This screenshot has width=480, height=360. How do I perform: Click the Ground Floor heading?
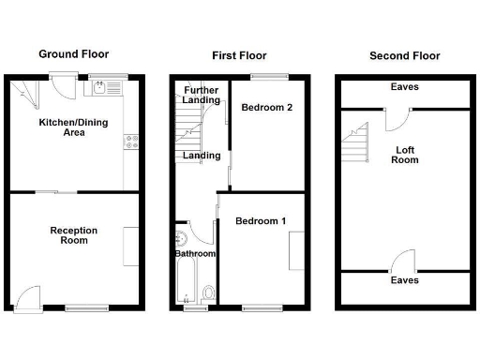[72, 55]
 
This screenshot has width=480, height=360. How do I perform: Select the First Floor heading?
[238, 55]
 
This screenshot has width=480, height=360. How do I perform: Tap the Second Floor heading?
[404, 55]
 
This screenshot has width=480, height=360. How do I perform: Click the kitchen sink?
[100, 89]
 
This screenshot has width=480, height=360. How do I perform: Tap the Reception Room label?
[73, 235]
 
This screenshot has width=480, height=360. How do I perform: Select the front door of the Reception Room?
[28, 297]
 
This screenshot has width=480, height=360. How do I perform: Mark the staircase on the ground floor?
[23, 94]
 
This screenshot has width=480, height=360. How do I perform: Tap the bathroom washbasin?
[179, 238]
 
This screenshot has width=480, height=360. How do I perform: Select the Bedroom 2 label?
[267, 108]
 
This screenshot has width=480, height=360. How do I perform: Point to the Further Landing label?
[202, 94]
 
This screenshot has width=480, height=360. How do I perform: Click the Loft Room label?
[404, 154]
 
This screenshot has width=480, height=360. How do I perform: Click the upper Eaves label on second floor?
[405, 87]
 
